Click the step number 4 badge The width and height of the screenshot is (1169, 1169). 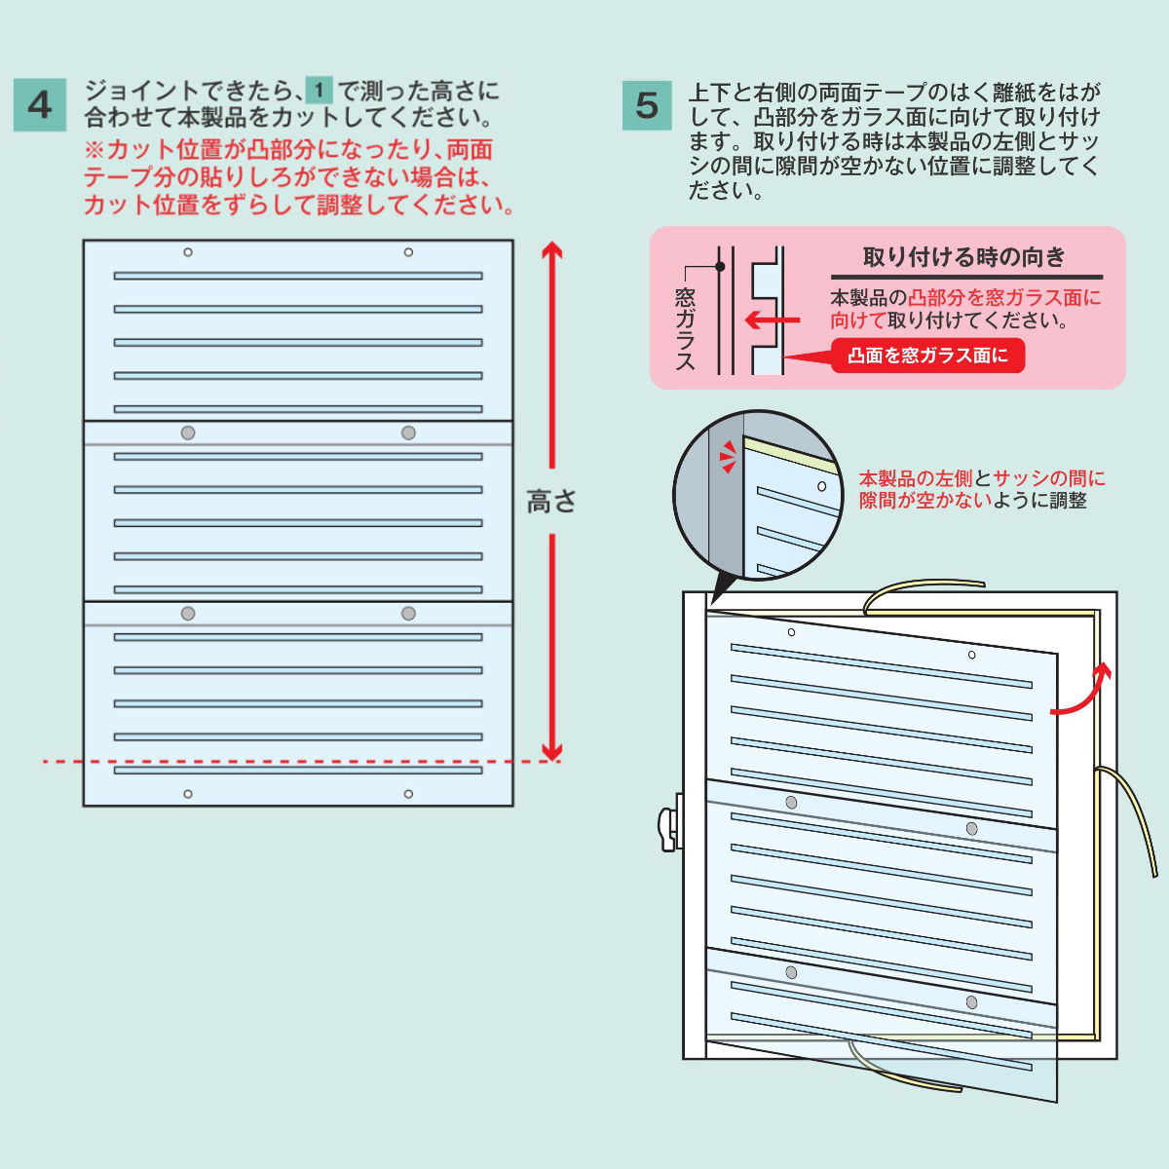pos(40,105)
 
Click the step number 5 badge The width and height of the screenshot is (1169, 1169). pos(647,105)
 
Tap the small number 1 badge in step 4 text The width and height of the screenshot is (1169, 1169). pos(320,91)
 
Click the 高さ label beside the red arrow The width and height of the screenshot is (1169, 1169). pos(550,502)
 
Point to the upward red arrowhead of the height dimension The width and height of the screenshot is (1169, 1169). pos(552,250)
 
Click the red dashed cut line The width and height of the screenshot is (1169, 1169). pos(301,762)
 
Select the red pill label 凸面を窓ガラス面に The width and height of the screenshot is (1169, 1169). pos(928,356)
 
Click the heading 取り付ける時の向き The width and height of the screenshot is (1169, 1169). pos(964,257)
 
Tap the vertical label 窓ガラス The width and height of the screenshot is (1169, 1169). pos(685,329)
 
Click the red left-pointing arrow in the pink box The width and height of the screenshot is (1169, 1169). pos(773,320)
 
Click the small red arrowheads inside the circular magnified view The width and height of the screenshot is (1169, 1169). pos(728,458)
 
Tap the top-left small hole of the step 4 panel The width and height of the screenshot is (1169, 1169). pos(188,252)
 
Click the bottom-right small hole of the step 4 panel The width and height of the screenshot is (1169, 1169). pos(408,794)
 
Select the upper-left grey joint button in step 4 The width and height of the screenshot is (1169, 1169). pos(188,434)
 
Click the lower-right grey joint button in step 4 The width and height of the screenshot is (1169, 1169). pos(408,614)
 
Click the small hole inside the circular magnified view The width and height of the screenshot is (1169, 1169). pos(822,486)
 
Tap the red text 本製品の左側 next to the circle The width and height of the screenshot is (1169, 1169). pos(916,478)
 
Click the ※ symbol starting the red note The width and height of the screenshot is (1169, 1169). pos(94,150)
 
